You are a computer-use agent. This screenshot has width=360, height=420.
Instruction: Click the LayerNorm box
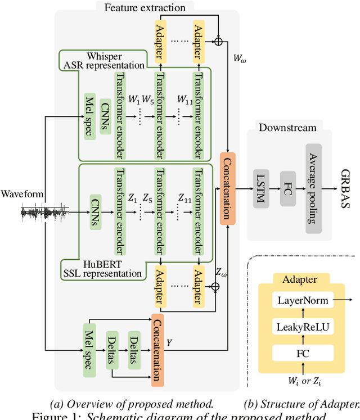[x=302, y=300]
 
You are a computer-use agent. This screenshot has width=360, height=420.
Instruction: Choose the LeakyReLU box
[x=302, y=327]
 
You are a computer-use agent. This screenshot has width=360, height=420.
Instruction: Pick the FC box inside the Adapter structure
[x=302, y=354]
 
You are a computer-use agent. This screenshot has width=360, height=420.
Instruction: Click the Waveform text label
[x=22, y=194]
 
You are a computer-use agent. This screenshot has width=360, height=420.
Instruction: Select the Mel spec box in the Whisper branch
[x=89, y=118]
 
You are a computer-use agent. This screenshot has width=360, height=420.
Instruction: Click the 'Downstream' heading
[x=287, y=128]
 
